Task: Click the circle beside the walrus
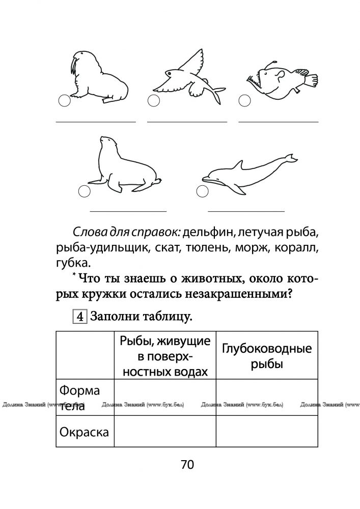(64, 101)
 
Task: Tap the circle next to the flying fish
(153, 101)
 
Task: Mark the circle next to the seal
(85, 191)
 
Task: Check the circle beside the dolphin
(202, 191)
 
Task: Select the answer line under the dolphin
(246, 211)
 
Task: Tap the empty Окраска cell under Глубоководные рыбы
(267, 432)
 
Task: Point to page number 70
(187, 464)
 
